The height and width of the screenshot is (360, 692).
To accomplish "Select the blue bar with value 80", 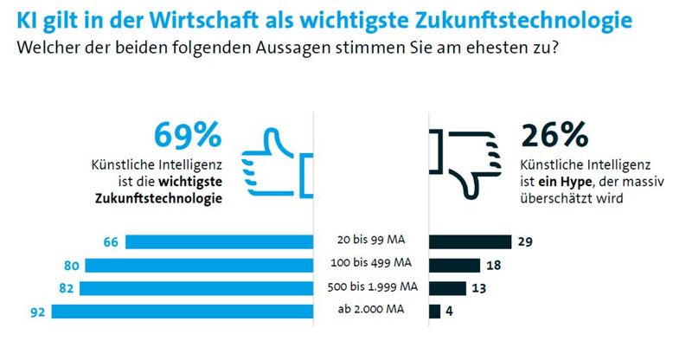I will (196, 265).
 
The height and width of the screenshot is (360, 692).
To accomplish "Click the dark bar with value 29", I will (471, 242).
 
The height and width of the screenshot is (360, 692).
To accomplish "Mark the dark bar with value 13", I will (448, 287).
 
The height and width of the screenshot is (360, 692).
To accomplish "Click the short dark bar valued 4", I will (435, 311).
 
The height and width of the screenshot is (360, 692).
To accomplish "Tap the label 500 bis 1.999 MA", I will (375, 287).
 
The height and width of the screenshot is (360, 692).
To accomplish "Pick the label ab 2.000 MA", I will (375, 311).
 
